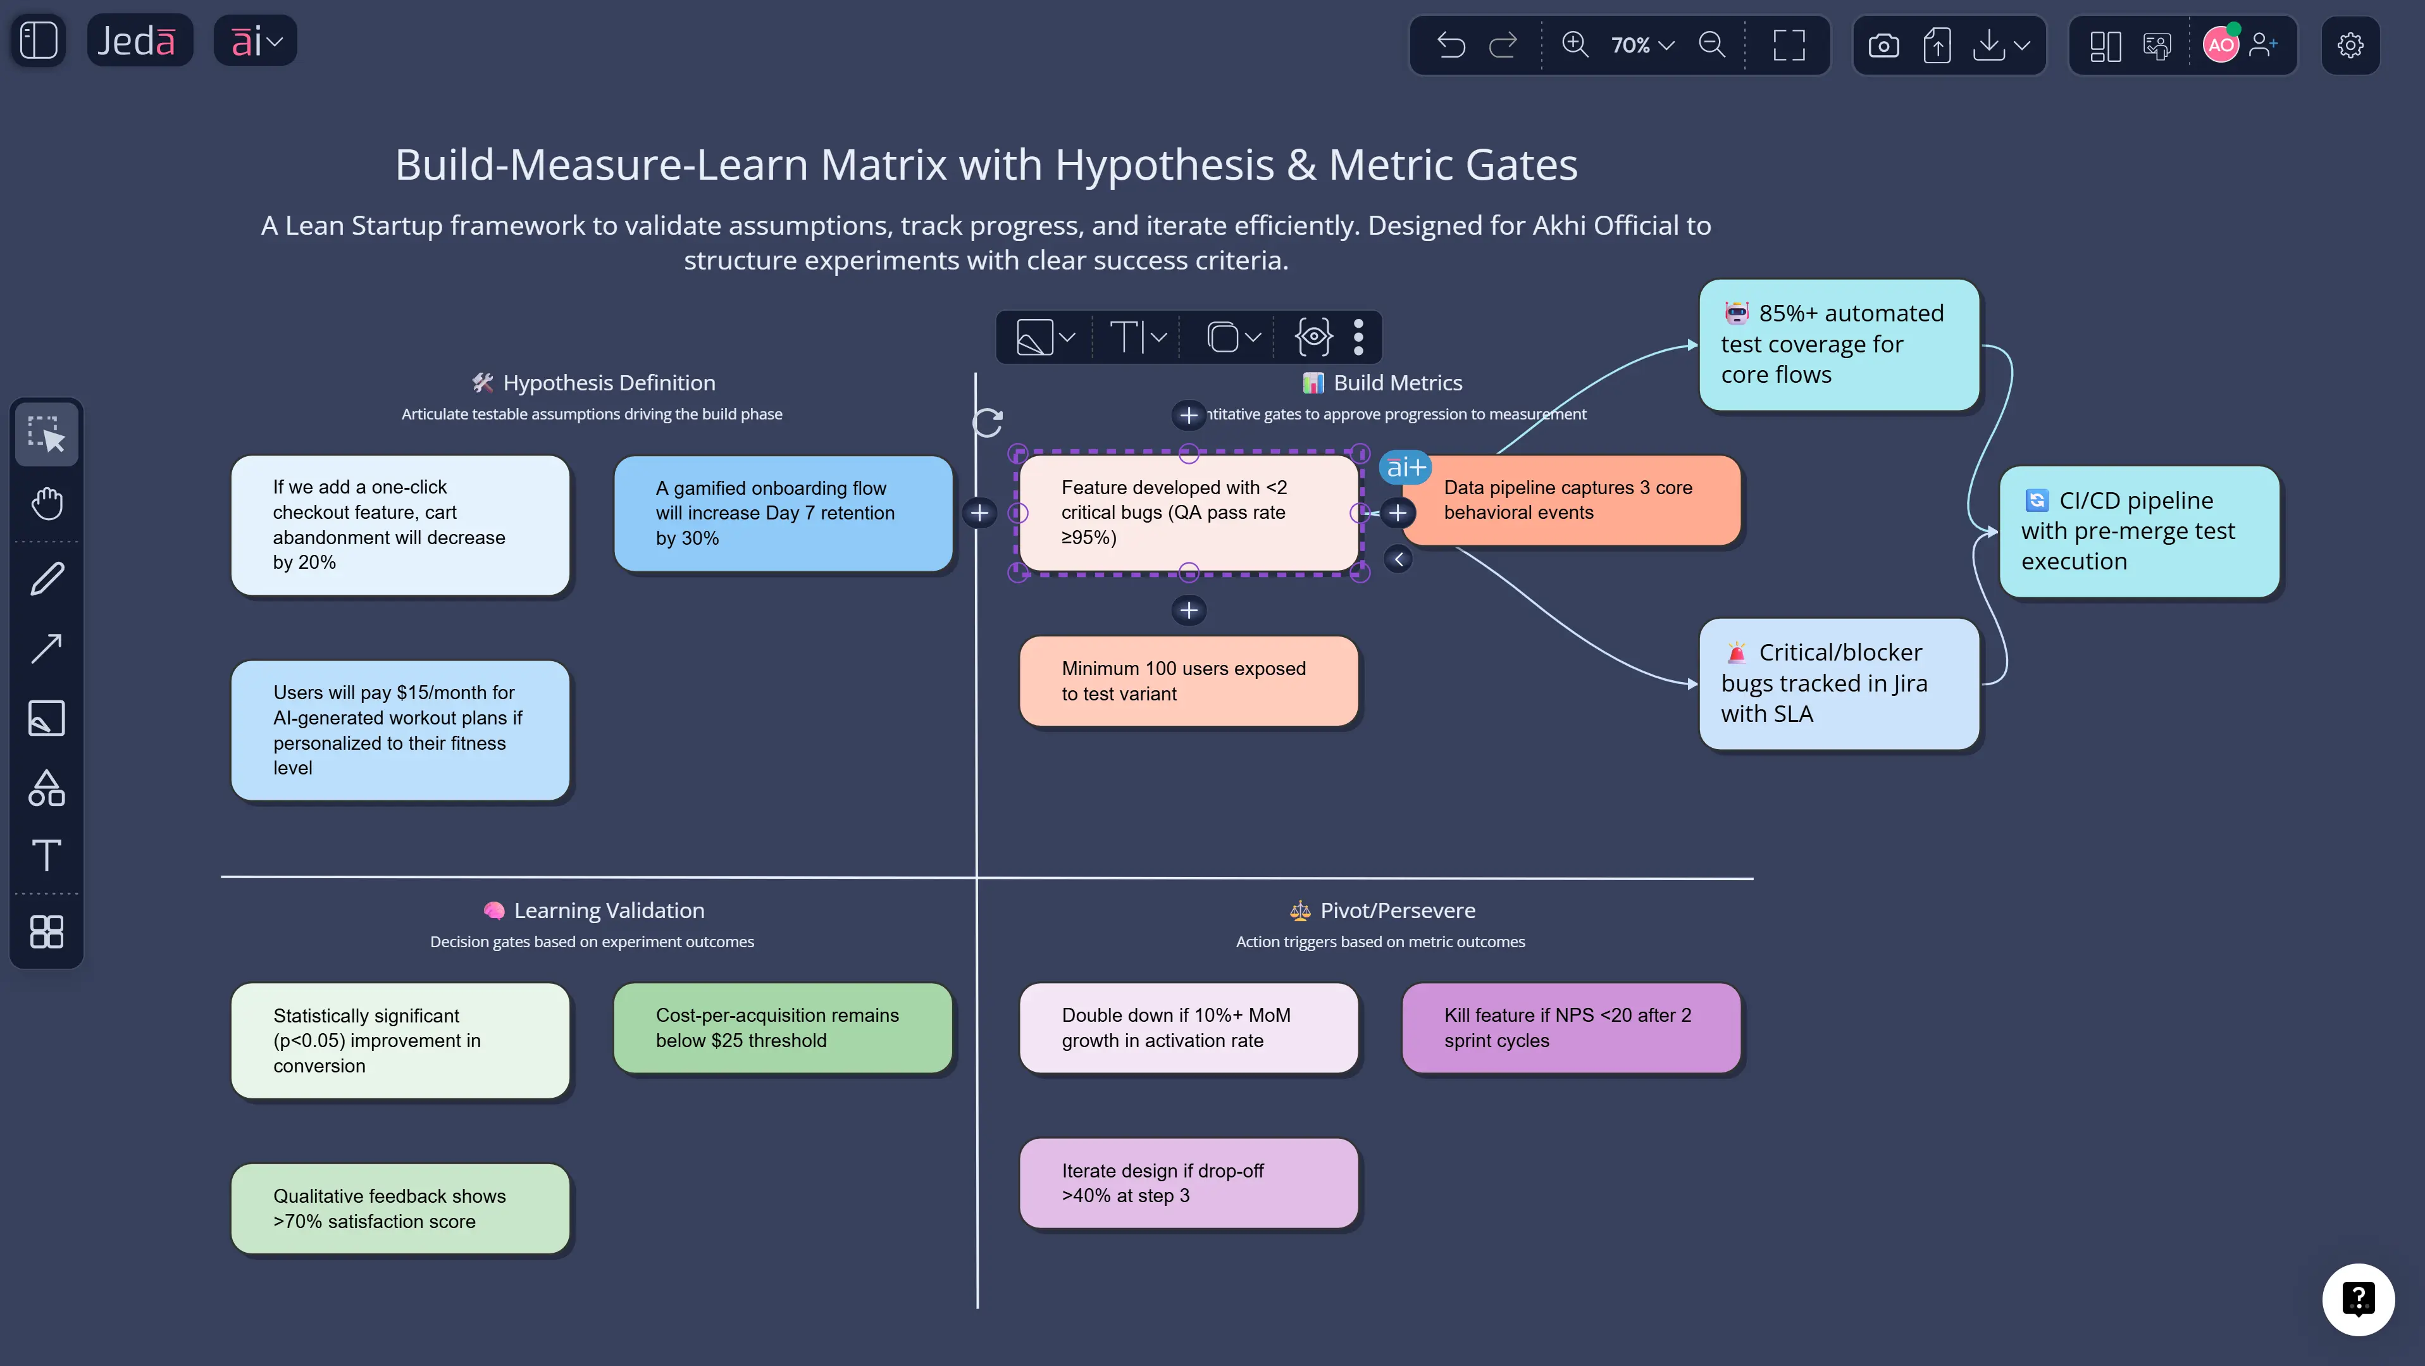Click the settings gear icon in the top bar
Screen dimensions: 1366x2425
[x=2350, y=44]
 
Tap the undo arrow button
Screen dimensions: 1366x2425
[x=1451, y=44]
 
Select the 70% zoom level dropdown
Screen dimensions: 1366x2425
[x=1642, y=44]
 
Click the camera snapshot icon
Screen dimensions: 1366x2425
[x=1883, y=44]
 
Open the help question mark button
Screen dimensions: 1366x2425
[x=2357, y=1299]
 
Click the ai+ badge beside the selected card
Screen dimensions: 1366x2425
[x=1405, y=467]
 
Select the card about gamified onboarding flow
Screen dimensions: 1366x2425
[x=783, y=513]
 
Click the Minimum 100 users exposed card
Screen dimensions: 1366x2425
[x=1188, y=681]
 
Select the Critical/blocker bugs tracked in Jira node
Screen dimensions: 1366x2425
[x=1839, y=683]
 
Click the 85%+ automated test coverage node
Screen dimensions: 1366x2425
[x=1839, y=345]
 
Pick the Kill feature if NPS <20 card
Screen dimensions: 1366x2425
[x=1570, y=1027]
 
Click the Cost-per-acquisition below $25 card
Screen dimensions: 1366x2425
[x=783, y=1027]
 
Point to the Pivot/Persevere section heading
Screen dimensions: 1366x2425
[x=1397, y=910]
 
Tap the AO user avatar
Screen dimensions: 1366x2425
[x=2220, y=44]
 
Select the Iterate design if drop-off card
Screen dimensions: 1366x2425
[x=1188, y=1183]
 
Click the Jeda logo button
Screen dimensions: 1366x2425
[x=139, y=40]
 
